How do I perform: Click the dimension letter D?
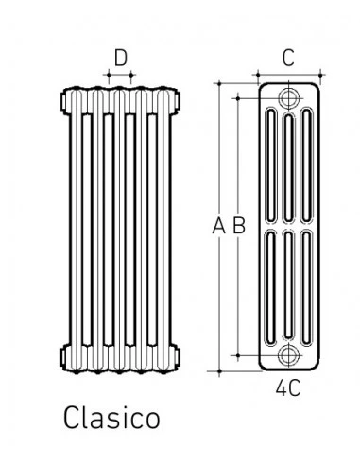pos(121,58)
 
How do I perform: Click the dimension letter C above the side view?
pos(288,58)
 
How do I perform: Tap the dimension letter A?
pos(218,226)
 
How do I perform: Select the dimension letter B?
pos(239,226)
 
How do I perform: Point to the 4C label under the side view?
pos(288,388)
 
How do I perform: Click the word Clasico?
pos(111,418)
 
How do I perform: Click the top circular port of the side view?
pos(288,98)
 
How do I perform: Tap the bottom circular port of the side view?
pos(288,355)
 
